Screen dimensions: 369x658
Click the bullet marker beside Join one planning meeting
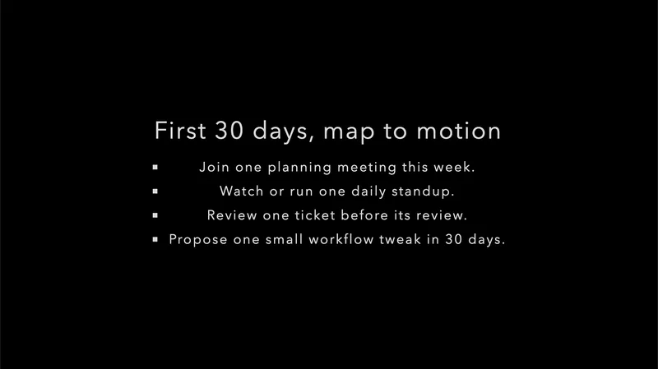(155, 168)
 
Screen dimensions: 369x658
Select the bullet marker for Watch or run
(155, 192)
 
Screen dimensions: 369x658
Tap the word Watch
(241, 191)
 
